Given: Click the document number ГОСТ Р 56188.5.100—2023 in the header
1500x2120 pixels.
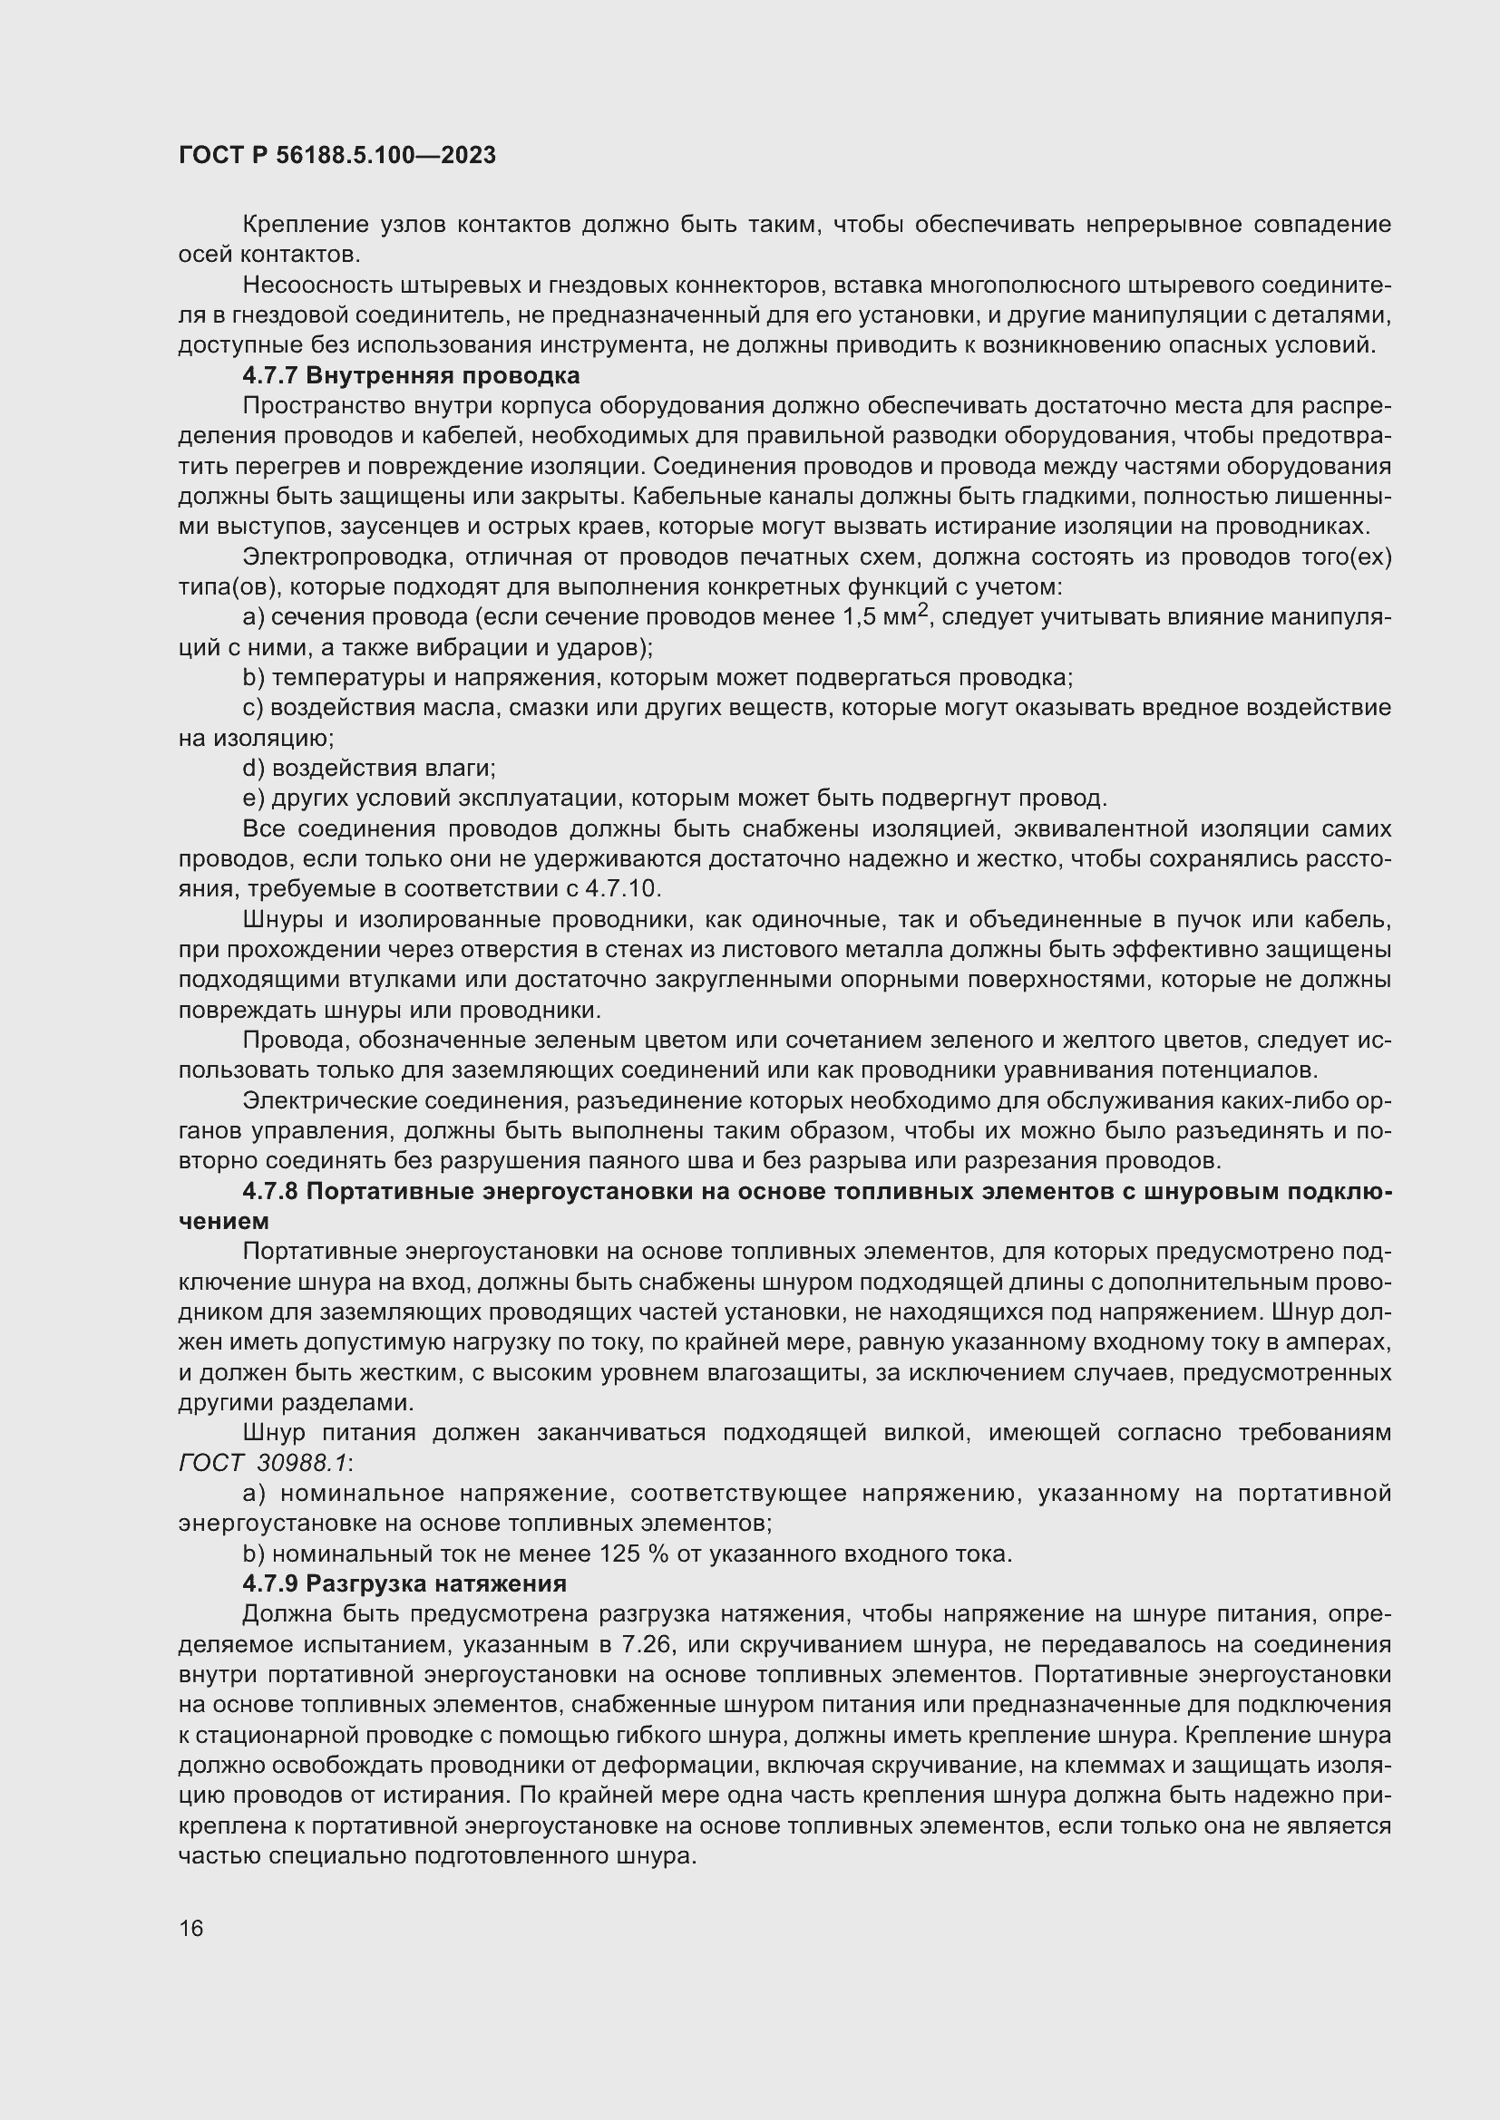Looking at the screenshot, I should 337,155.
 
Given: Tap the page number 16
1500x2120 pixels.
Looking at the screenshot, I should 191,1928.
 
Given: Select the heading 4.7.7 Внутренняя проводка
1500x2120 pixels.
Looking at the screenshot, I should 411,376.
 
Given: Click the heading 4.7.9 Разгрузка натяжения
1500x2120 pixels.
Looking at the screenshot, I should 404,1583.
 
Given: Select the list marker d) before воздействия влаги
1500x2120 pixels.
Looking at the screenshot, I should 253,768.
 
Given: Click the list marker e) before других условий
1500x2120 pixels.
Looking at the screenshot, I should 253,798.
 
